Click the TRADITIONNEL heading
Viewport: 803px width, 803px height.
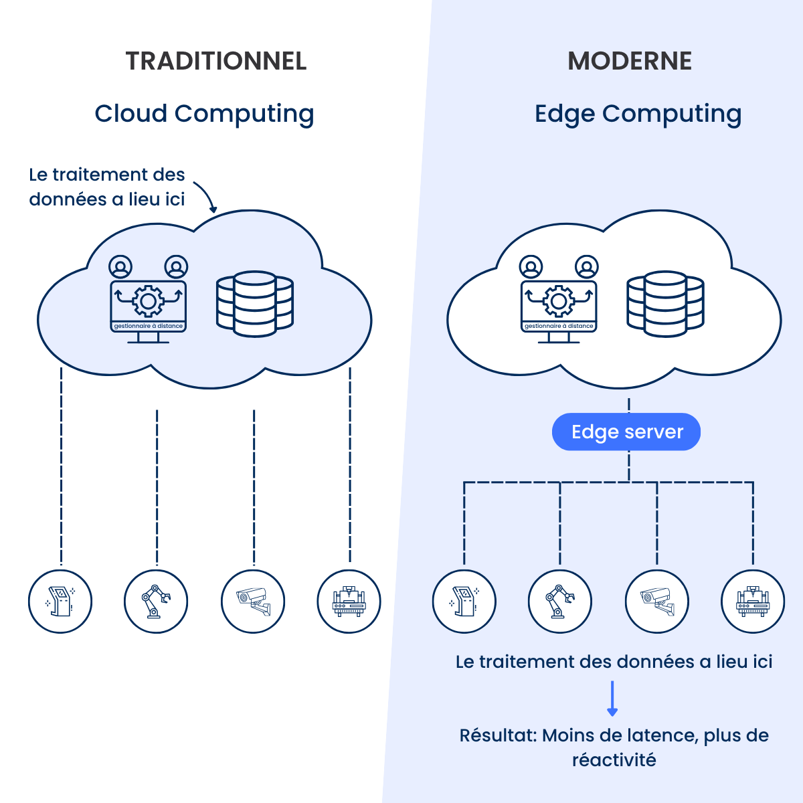click(216, 61)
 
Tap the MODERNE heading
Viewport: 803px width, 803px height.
click(630, 61)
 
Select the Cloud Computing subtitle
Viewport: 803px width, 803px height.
click(204, 114)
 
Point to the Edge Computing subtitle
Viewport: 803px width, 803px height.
click(638, 114)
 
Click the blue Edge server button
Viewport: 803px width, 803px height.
click(626, 432)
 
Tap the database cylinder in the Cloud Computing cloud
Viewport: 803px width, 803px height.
click(255, 304)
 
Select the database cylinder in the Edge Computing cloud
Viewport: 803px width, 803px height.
click(665, 304)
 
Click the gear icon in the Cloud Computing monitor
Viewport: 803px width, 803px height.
click(149, 302)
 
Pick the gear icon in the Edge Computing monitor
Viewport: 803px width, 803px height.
click(559, 302)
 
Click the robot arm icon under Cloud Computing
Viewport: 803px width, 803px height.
click(156, 602)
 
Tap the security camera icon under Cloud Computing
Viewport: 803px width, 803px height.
click(253, 602)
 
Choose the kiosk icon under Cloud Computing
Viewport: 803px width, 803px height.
click(60, 602)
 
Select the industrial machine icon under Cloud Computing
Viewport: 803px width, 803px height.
click(349, 602)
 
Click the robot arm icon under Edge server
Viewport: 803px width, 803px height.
click(559, 602)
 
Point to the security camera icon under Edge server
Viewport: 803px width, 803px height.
click(656, 602)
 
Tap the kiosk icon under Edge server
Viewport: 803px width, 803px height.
click(464, 602)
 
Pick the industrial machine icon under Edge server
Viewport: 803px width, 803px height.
click(752, 602)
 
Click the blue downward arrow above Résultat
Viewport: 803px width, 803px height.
click(612, 699)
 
